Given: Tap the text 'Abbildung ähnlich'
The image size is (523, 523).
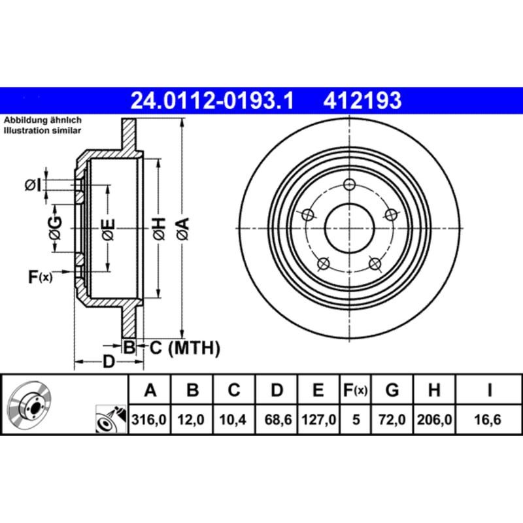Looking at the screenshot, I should tap(42, 121).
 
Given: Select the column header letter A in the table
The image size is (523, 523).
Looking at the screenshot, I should tap(151, 391).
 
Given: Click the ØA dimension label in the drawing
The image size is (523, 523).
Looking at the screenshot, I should tap(182, 229).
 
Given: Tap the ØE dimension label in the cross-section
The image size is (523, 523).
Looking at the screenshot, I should tap(108, 229).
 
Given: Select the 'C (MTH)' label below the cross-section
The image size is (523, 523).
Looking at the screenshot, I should tap(182, 348).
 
